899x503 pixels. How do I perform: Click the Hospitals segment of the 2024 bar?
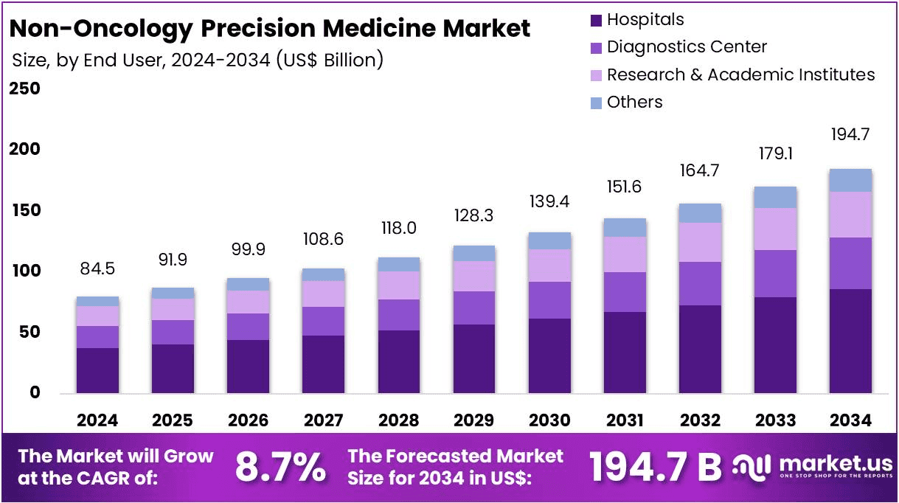pyautogui.click(x=97, y=370)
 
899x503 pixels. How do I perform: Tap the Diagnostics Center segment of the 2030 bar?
pyautogui.click(x=549, y=300)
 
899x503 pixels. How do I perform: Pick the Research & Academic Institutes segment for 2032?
pyautogui.click(x=700, y=242)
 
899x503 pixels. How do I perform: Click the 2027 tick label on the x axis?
pyautogui.click(x=323, y=420)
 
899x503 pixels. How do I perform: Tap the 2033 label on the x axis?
pyautogui.click(x=776, y=420)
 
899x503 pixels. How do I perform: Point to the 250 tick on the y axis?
pyautogui.click(x=24, y=89)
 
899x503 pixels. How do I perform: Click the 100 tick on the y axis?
pyautogui.click(x=24, y=271)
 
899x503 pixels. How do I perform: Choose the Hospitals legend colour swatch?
pyautogui.click(x=596, y=21)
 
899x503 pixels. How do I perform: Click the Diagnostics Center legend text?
pyautogui.click(x=687, y=47)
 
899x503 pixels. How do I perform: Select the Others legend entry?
pyautogui.click(x=634, y=103)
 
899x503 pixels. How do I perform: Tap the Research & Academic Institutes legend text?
pyautogui.click(x=740, y=75)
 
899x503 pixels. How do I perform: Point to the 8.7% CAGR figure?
pyautogui.click(x=280, y=466)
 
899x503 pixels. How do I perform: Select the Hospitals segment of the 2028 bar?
pyautogui.click(x=398, y=361)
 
